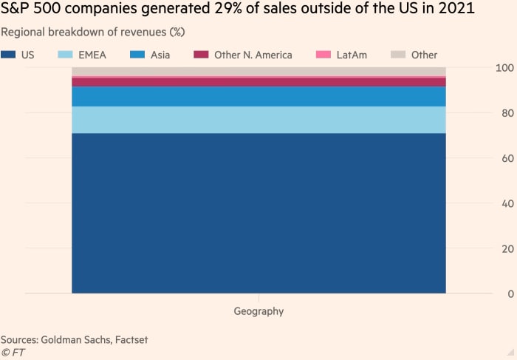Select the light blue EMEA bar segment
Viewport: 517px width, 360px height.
tap(258, 120)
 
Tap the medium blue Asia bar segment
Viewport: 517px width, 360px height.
tap(258, 97)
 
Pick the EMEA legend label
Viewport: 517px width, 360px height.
tap(92, 55)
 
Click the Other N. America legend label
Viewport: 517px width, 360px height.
tap(253, 55)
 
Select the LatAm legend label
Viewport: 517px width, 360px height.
tap(351, 55)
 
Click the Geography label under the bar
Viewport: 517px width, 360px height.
tap(258, 311)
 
